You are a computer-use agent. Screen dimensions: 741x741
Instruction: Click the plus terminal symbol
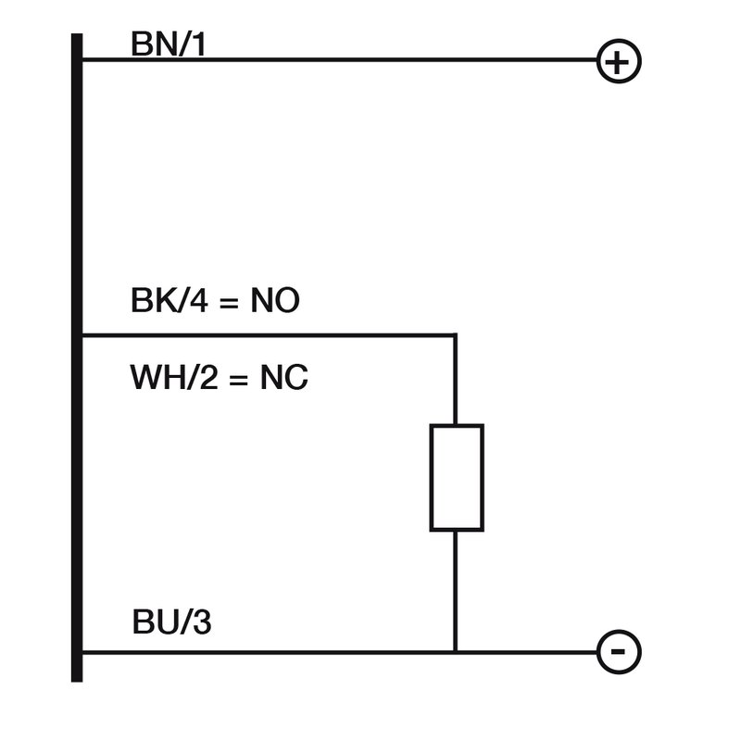619,62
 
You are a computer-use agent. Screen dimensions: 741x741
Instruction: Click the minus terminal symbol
619,651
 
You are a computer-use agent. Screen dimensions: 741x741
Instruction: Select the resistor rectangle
456,478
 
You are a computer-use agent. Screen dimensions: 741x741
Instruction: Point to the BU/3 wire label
172,623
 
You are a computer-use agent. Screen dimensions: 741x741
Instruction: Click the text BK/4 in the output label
168,302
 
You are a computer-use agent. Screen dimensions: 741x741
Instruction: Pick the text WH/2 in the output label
173,378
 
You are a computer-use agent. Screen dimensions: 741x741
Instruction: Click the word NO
275,302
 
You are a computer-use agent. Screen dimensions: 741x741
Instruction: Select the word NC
283,378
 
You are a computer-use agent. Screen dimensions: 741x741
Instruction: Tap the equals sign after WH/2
238,379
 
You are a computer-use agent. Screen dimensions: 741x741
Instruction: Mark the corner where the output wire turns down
456,334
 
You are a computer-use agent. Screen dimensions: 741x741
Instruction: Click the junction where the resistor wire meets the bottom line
456,651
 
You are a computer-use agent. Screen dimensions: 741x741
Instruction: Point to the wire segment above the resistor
456,380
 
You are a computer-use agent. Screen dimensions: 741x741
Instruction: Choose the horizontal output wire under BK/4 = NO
269,334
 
